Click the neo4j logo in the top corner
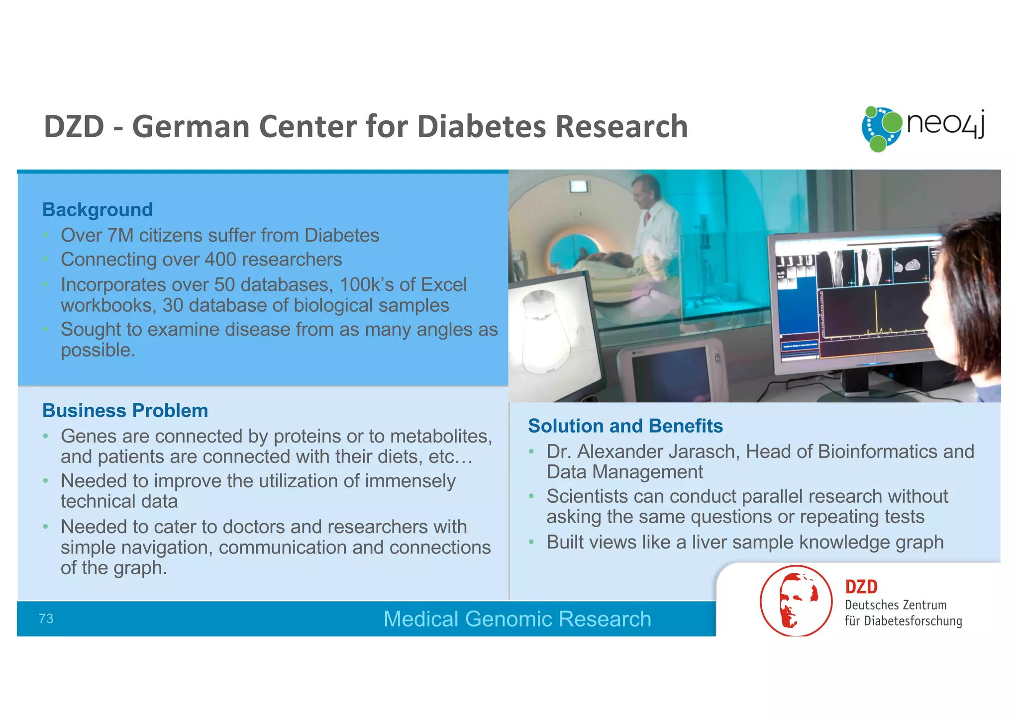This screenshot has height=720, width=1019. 923,128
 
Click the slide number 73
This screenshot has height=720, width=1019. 46,619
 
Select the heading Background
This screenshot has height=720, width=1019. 98,210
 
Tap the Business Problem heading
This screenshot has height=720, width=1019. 125,411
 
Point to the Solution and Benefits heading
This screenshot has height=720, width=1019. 625,426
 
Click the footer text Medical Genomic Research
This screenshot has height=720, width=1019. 517,619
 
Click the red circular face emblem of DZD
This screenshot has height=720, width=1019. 796,601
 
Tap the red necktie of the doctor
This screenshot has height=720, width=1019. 648,218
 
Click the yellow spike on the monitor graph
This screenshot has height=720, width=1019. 876,311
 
